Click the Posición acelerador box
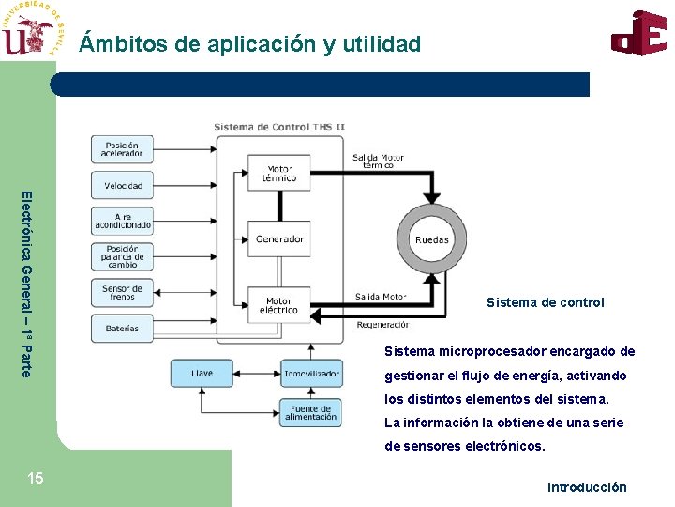pos(122,150)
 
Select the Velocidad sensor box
pos(122,185)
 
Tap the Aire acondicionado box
pos(122,221)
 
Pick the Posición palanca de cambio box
pos(122,256)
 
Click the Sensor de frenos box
pos(122,292)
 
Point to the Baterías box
pos(122,328)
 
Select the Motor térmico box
pos(279,173)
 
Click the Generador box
pos(279,238)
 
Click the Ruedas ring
pos(432,238)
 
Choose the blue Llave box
pos(202,374)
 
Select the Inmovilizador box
pos(310,374)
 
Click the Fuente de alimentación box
pos(310,412)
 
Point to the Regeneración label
pos(382,325)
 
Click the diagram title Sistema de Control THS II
pos(279,127)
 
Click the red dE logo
pos(640,33)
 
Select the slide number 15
pos(35,479)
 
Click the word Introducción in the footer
pos(587,487)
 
